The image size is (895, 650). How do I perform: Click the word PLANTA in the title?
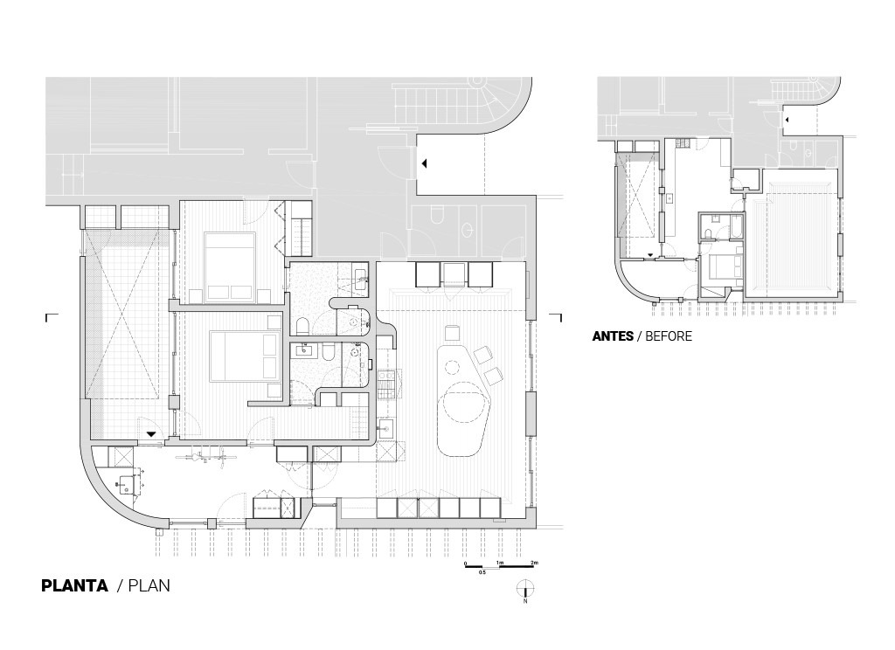pyautogui.click(x=75, y=585)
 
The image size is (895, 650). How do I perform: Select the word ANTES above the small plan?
pyautogui.click(x=613, y=336)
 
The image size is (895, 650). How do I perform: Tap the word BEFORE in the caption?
pyautogui.click(x=669, y=336)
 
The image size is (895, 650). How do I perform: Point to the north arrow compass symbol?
pyautogui.click(x=524, y=589)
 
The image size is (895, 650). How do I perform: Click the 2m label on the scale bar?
pyautogui.click(x=534, y=563)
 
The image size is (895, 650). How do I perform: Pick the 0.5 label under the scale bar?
pyautogui.click(x=482, y=572)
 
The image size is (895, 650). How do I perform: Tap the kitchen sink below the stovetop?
pyautogui.click(x=384, y=427)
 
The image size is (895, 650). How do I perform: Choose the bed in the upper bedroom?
pyautogui.click(x=230, y=266)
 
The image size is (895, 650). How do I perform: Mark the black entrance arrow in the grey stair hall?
pyautogui.click(x=424, y=163)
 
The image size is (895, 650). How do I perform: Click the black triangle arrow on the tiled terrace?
pyautogui.click(x=150, y=434)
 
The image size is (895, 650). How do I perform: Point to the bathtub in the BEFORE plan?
pyautogui.click(x=736, y=226)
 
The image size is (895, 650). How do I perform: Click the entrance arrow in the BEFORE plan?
pyautogui.click(x=787, y=120)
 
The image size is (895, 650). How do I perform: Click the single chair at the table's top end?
pyautogui.click(x=452, y=333)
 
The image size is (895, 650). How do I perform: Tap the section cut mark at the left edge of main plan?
pyautogui.click(x=52, y=317)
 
